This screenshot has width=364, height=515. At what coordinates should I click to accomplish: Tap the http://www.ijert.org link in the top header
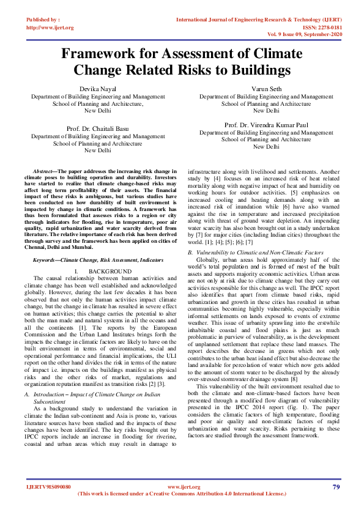(x=50, y=28)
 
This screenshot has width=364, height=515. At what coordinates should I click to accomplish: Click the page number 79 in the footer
(x=336, y=487)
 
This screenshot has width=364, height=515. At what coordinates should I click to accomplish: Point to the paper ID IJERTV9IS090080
(x=48, y=487)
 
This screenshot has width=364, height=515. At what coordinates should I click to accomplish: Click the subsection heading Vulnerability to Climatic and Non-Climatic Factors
(x=255, y=252)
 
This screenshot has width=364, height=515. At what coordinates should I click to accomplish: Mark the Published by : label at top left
(x=43, y=20)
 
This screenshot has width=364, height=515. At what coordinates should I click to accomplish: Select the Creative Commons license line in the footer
(x=182, y=494)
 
